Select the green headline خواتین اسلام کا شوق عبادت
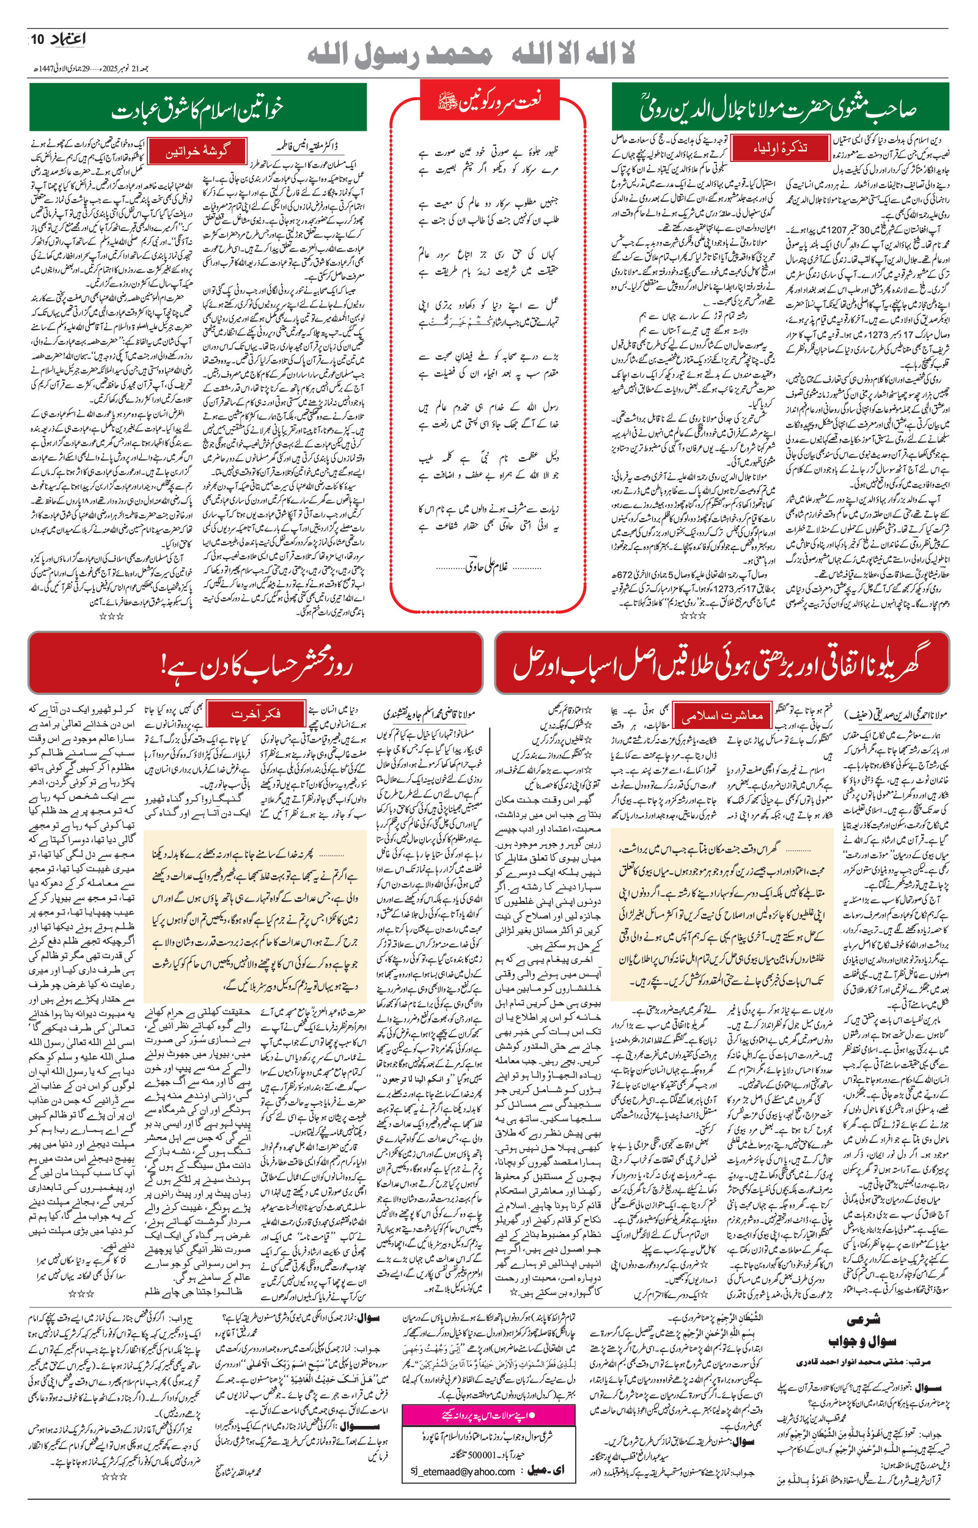point(197,109)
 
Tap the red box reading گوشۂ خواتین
point(197,152)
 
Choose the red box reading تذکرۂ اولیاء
point(779,149)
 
